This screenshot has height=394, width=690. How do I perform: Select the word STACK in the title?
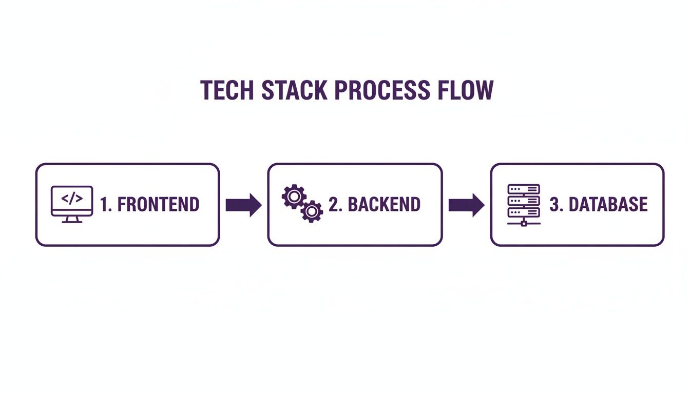(294, 90)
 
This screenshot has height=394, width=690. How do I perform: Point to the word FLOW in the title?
(465, 90)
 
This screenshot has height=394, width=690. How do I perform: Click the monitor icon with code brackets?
(72, 204)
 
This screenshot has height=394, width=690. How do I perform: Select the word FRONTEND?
(158, 205)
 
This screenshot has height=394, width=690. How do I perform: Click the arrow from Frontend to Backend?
(243, 205)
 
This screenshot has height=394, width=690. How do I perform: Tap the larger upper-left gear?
(294, 195)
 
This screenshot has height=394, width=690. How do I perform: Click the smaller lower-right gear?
(312, 211)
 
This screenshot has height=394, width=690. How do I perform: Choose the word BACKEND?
(384, 205)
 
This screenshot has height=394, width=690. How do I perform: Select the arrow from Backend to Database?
(466, 205)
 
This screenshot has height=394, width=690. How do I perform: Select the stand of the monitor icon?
(72, 220)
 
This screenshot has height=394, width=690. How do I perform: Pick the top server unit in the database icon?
(524, 189)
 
